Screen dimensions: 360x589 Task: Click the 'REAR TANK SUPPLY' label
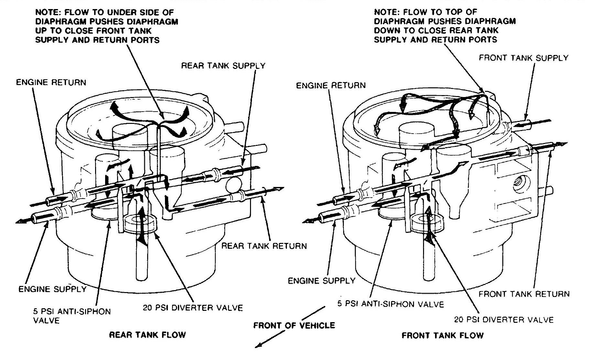(223, 66)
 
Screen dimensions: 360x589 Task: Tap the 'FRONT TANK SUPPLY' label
(523, 58)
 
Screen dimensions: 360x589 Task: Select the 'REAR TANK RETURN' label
(264, 246)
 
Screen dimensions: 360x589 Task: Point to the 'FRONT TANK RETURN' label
(524, 294)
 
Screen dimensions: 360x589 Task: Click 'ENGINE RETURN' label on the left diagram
(51, 82)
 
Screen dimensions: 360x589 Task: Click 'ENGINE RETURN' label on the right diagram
(331, 85)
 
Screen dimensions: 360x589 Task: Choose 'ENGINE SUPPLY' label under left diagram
(52, 289)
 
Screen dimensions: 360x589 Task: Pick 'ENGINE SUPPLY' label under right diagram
(321, 280)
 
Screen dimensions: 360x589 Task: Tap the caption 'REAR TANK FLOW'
(147, 334)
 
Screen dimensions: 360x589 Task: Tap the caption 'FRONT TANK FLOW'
(442, 335)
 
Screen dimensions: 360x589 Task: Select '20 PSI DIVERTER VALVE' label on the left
(192, 308)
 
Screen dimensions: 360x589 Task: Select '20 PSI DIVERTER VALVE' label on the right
(504, 320)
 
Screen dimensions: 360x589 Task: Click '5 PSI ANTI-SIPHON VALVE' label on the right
(390, 304)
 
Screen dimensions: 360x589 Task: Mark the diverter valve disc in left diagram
(140, 223)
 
